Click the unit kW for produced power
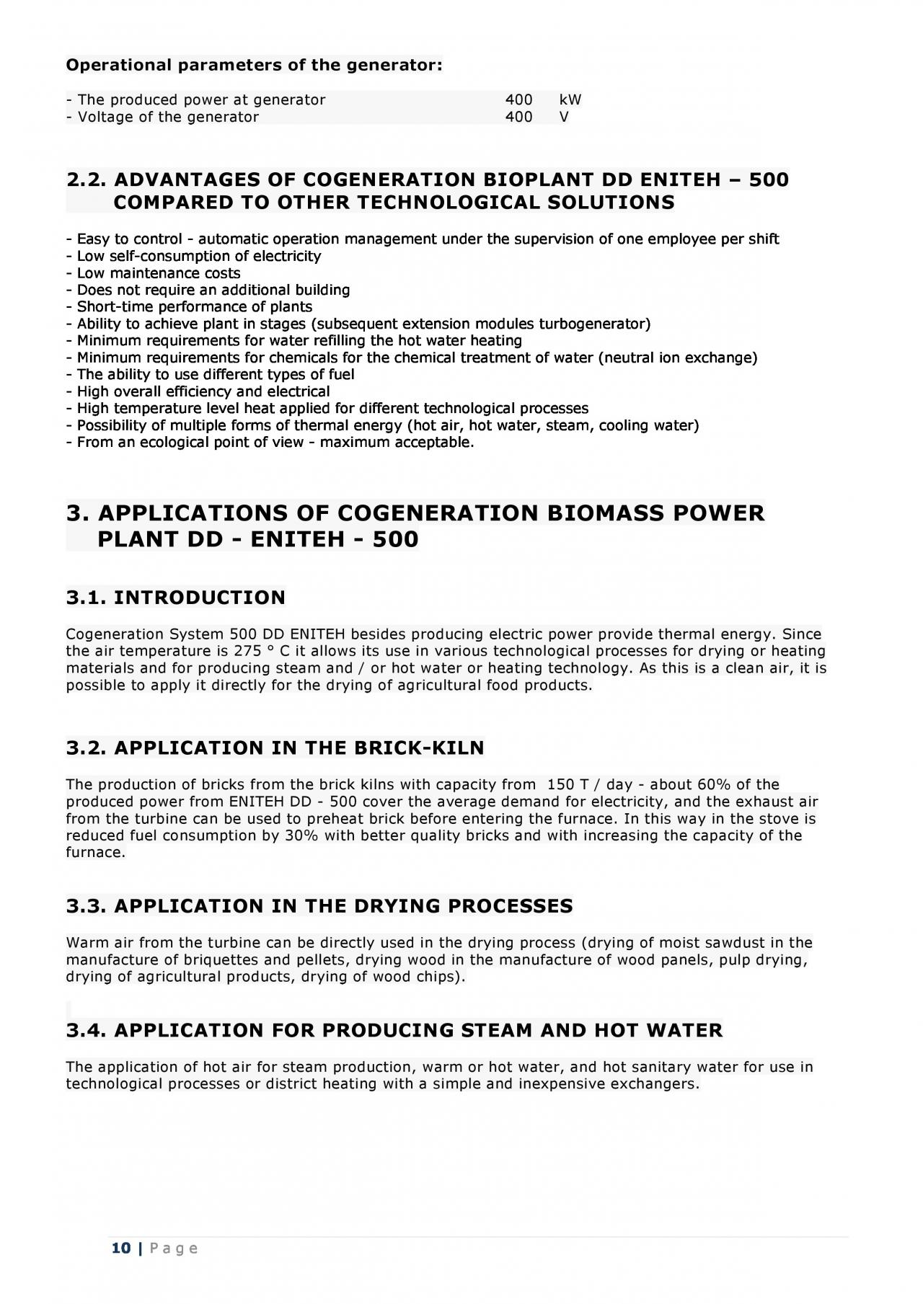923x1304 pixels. coord(570,99)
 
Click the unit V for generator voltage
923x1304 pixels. coord(564,117)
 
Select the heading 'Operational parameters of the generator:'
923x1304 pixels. coord(254,66)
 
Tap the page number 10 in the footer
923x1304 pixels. coord(121,1248)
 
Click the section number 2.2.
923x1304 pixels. coord(87,179)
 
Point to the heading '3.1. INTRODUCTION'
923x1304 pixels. coord(175,598)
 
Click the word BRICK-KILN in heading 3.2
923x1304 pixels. coord(419,748)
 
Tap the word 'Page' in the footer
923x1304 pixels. coord(173,1248)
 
